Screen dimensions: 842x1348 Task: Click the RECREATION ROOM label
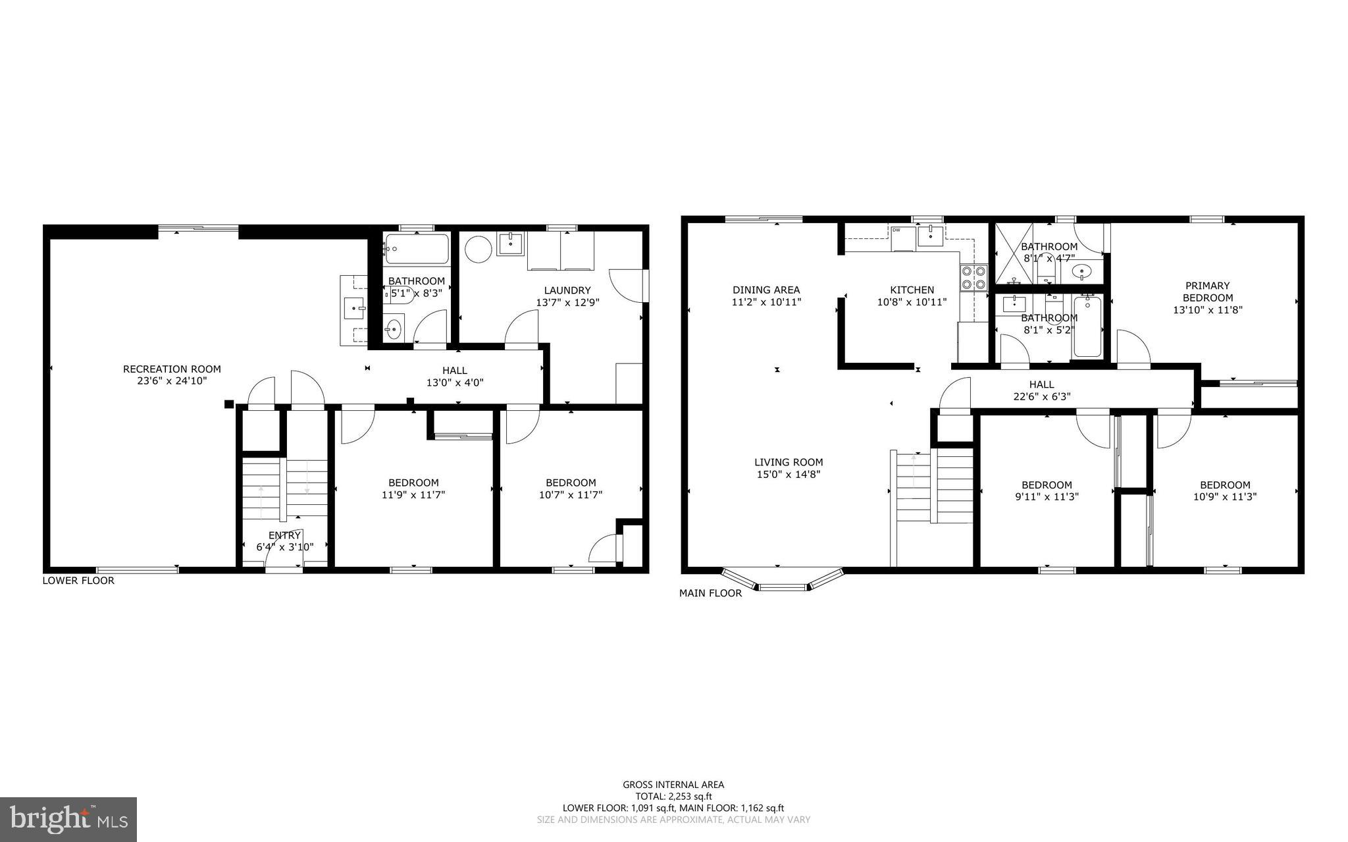[x=172, y=369]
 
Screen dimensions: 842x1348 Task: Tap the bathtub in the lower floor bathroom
[x=417, y=249]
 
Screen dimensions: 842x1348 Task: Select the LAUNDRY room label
[x=567, y=290]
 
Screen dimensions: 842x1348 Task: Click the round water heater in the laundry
[x=479, y=250]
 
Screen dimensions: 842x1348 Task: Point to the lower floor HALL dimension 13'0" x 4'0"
[x=455, y=382]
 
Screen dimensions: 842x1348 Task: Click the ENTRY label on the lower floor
[x=284, y=535]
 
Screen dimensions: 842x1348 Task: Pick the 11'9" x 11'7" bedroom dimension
[x=413, y=495]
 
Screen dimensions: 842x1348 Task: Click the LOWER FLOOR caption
[x=78, y=581]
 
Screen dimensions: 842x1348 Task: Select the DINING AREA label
[x=766, y=290]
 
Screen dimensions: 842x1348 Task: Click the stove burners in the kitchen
[x=973, y=277]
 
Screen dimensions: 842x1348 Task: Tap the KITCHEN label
[x=912, y=290]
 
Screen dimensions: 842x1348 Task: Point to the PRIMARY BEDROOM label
[x=1207, y=292]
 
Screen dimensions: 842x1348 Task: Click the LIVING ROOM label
[x=789, y=462]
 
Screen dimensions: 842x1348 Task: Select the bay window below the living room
[x=782, y=583]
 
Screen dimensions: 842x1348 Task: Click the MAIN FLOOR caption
[x=710, y=593]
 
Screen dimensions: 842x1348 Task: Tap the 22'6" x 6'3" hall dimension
[x=1041, y=396]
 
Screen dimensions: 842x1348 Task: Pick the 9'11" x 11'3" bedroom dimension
[x=1047, y=497]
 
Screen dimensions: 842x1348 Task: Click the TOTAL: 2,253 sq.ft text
[x=673, y=796]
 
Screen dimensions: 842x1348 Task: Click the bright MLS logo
[x=68, y=819]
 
